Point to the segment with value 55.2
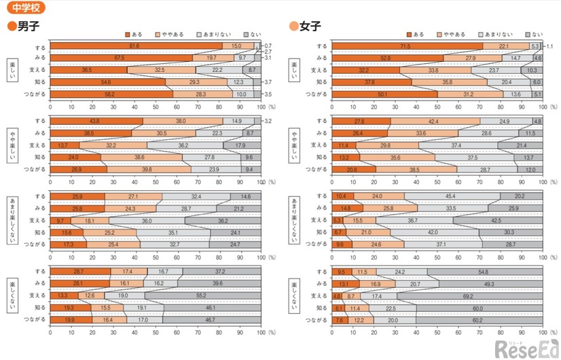pyautogui.click(x=202, y=295)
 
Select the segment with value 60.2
pyautogui.click(x=478, y=319)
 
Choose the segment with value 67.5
pyautogui.click(x=121, y=58)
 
